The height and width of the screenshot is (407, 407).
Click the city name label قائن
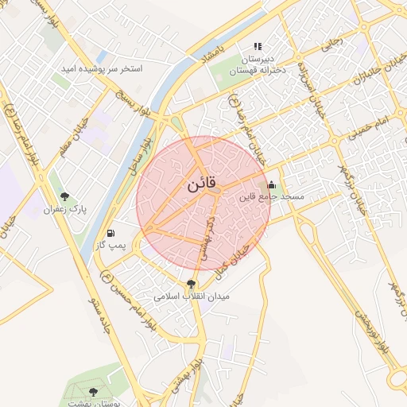(202, 185)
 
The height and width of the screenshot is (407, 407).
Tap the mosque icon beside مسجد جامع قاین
(273, 184)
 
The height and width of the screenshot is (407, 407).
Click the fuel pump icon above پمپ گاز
(110, 234)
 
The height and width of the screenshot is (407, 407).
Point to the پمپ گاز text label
(108, 246)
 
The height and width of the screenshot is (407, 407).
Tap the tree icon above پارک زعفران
(64, 196)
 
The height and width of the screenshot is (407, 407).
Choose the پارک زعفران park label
(64, 209)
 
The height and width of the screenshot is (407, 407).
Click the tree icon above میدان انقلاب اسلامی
(191, 283)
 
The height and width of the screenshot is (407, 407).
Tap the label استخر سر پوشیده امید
(102, 69)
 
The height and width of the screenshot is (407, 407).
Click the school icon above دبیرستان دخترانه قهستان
(257, 47)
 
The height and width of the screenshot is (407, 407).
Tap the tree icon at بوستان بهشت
(94, 392)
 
